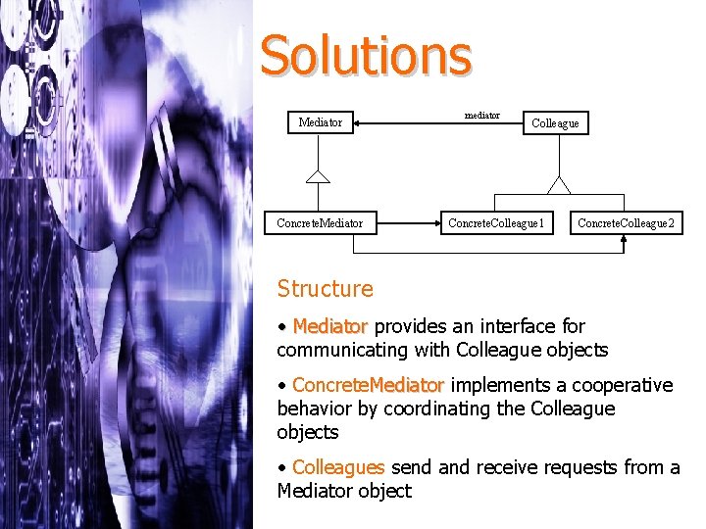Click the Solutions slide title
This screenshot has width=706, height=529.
(x=365, y=56)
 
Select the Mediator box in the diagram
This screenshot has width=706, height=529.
(x=321, y=122)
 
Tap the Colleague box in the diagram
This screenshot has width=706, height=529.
(x=555, y=123)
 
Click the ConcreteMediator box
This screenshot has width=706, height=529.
(x=320, y=223)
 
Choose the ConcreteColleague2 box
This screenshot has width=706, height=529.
(x=626, y=223)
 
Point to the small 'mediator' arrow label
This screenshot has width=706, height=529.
(x=481, y=116)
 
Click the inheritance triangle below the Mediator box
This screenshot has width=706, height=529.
(x=317, y=176)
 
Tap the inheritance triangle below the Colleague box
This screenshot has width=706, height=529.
(x=559, y=184)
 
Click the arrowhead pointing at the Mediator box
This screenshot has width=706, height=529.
(x=360, y=123)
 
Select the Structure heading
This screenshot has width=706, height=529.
(x=325, y=288)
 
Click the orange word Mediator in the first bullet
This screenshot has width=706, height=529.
(x=329, y=326)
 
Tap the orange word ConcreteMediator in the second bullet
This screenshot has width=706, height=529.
(x=368, y=385)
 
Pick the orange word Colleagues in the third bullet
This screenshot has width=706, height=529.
(x=338, y=467)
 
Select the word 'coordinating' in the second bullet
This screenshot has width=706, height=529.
(x=438, y=409)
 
